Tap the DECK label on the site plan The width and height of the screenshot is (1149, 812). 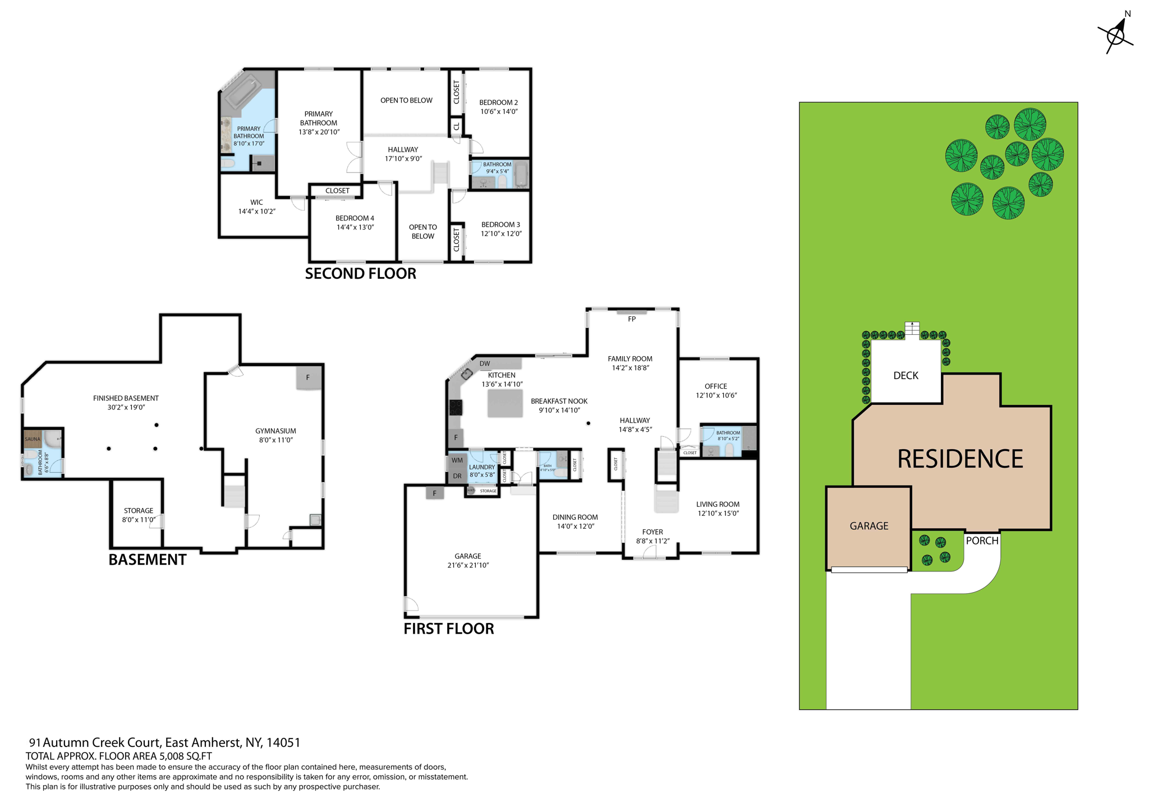click(906, 376)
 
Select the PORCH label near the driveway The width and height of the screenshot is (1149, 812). click(982, 541)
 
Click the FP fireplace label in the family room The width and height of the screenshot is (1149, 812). click(632, 319)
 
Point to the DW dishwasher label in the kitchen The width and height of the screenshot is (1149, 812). click(485, 363)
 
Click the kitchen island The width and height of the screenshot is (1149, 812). click(505, 403)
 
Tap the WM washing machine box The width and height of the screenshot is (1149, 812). click(457, 460)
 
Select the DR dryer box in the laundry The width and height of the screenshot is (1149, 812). click(457, 476)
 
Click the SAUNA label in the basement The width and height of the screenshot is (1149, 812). click(33, 439)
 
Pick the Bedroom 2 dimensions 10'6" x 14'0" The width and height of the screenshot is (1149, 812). click(498, 112)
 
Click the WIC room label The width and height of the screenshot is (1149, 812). click(256, 202)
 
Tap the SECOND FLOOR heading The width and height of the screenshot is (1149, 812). click(360, 274)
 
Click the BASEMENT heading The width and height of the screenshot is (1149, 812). click(147, 560)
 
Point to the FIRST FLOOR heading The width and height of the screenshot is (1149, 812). click(448, 629)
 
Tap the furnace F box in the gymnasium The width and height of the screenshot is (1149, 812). click(308, 377)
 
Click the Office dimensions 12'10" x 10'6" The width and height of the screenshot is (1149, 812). click(716, 395)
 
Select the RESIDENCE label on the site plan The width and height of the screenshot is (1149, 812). click(959, 459)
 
